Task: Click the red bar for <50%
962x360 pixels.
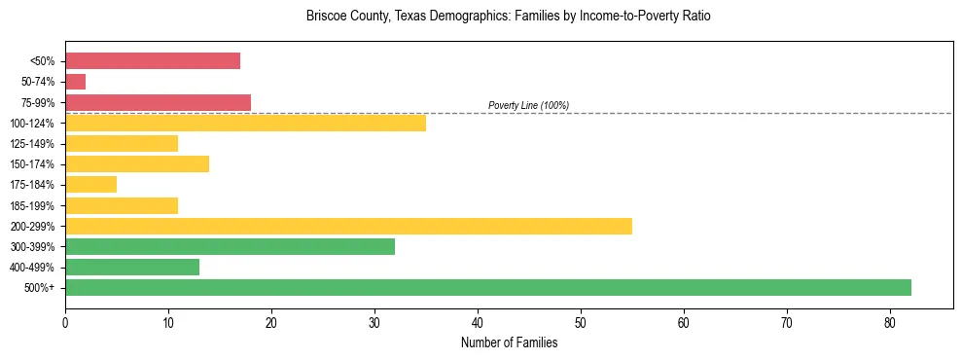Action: coord(153,61)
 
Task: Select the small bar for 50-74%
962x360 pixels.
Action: coord(76,82)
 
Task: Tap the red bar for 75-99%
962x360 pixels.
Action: coord(158,102)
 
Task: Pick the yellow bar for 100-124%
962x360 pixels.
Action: coord(245,123)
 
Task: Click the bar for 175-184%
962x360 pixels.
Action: coord(91,185)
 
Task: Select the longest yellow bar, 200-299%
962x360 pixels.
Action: coord(348,226)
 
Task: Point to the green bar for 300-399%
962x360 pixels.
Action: coord(230,246)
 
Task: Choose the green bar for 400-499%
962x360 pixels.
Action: coord(132,267)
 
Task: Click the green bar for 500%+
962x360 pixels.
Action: coord(488,287)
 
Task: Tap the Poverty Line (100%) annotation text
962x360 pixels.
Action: coord(528,105)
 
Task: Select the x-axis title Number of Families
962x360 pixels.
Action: coord(509,342)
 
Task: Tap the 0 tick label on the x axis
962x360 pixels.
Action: coord(65,323)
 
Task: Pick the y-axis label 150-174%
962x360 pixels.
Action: coord(32,164)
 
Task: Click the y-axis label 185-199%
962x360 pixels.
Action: coord(32,205)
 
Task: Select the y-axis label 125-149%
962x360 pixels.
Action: coord(32,144)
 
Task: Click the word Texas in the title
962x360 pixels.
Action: coord(410,17)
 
